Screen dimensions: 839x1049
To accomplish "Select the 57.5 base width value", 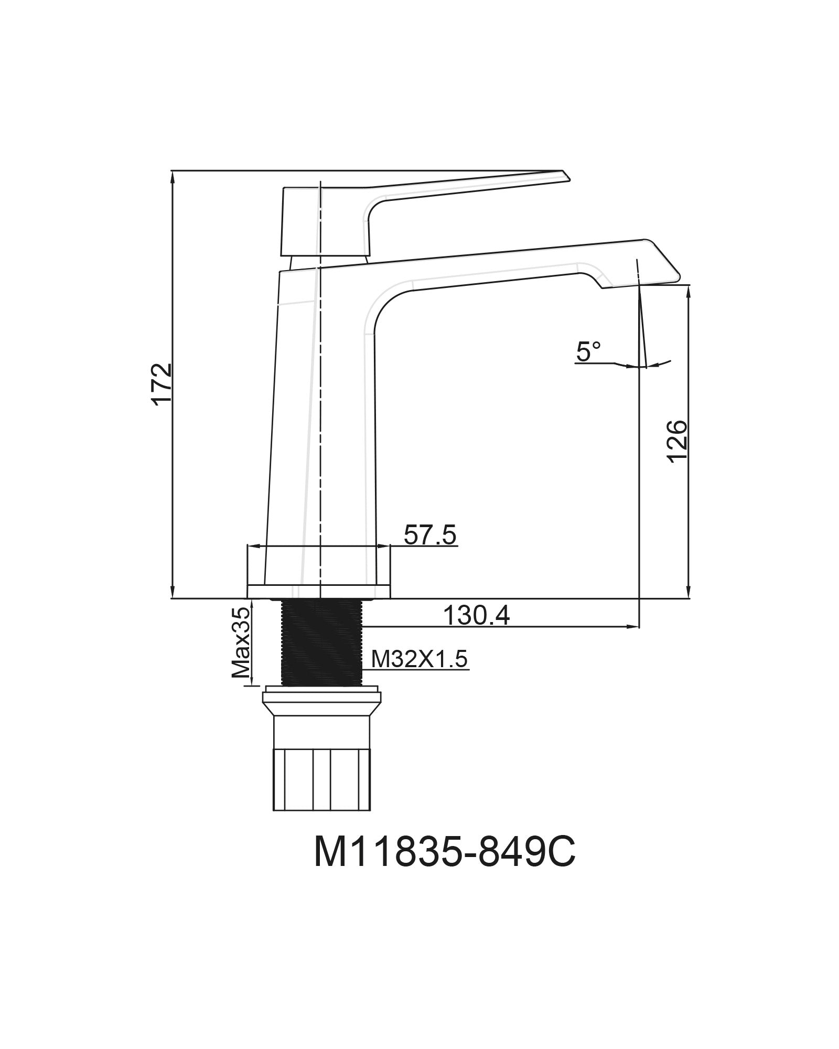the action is point(430,536).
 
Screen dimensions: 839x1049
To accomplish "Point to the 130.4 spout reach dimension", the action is point(476,615).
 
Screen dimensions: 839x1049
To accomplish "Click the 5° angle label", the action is point(588,351).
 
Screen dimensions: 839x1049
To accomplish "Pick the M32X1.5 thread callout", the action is point(419,659).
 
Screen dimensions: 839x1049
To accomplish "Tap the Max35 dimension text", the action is point(240,643).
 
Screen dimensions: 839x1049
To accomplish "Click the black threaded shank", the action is point(321,642).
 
